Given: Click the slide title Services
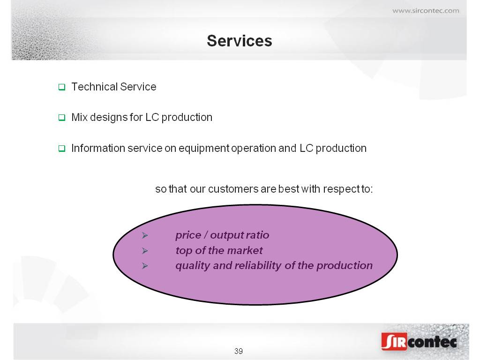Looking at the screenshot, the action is [240, 41].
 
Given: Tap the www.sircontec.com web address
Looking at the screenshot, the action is [426, 11].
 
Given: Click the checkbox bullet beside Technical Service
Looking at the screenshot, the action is [62, 87].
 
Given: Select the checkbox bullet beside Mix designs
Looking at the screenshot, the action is [62, 118].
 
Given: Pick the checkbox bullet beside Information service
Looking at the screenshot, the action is [62, 149].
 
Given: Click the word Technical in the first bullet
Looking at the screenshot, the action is [95, 87].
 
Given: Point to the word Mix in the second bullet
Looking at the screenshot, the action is [79, 117].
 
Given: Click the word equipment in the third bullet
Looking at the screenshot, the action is [204, 149].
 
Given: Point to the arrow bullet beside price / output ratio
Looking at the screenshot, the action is [145, 235].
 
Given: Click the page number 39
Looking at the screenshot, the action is [239, 351].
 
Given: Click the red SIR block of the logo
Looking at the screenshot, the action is [394, 341].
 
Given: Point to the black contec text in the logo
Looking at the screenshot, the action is [432, 342].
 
